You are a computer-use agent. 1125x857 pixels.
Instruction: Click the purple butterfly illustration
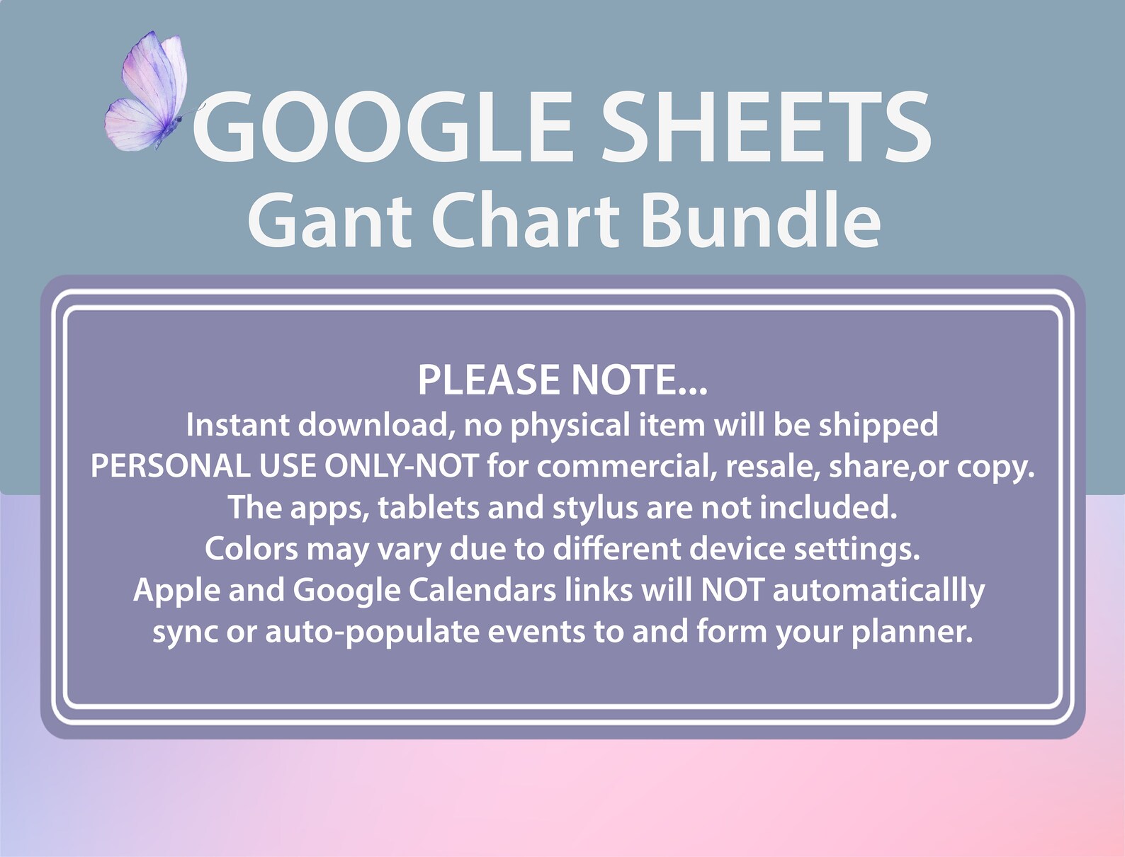pyautogui.click(x=148, y=92)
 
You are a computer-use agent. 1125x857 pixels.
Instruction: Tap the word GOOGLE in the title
pyautogui.click(x=382, y=127)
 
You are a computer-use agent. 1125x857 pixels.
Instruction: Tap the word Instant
pyautogui.click(x=238, y=425)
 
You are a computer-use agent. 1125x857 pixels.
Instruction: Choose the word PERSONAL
pyautogui.click(x=169, y=466)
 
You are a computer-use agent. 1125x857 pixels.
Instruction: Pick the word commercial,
pyautogui.click(x=626, y=466)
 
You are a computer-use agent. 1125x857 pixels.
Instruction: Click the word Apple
pyautogui.click(x=176, y=590)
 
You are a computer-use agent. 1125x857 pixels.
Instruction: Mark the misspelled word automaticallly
pyautogui.click(x=878, y=590)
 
